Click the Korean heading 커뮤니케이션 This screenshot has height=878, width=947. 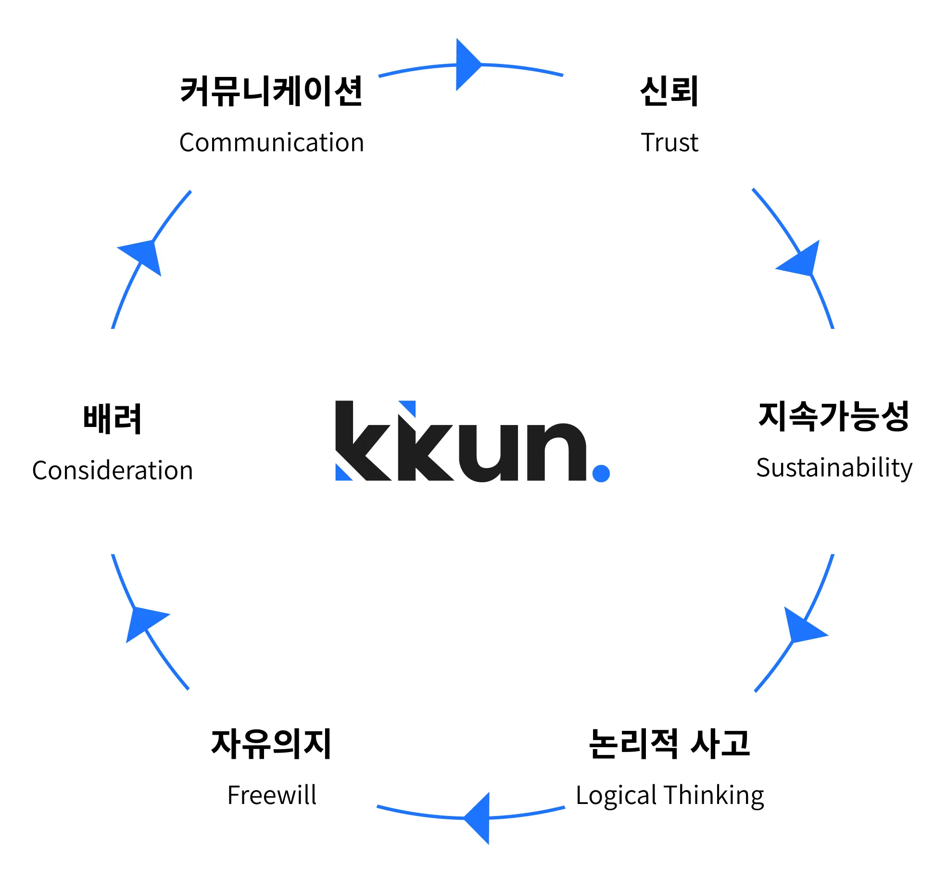[271, 91]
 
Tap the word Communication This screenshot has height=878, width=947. [271, 143]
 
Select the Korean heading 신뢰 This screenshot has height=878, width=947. [669, 91]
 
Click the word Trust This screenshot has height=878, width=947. [669, 143]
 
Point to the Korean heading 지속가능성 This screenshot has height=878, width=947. [833, 416]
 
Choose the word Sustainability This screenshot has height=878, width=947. [833, 468]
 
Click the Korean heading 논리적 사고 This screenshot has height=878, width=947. [669, 743]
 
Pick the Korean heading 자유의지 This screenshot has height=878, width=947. [271, 743]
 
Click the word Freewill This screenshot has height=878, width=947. [272, 795]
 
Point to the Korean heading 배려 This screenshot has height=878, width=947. [113, 419]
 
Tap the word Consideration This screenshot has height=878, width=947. [113, 471]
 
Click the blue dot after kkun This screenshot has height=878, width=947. [601, 473]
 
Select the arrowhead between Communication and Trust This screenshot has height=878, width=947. [467, 64]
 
